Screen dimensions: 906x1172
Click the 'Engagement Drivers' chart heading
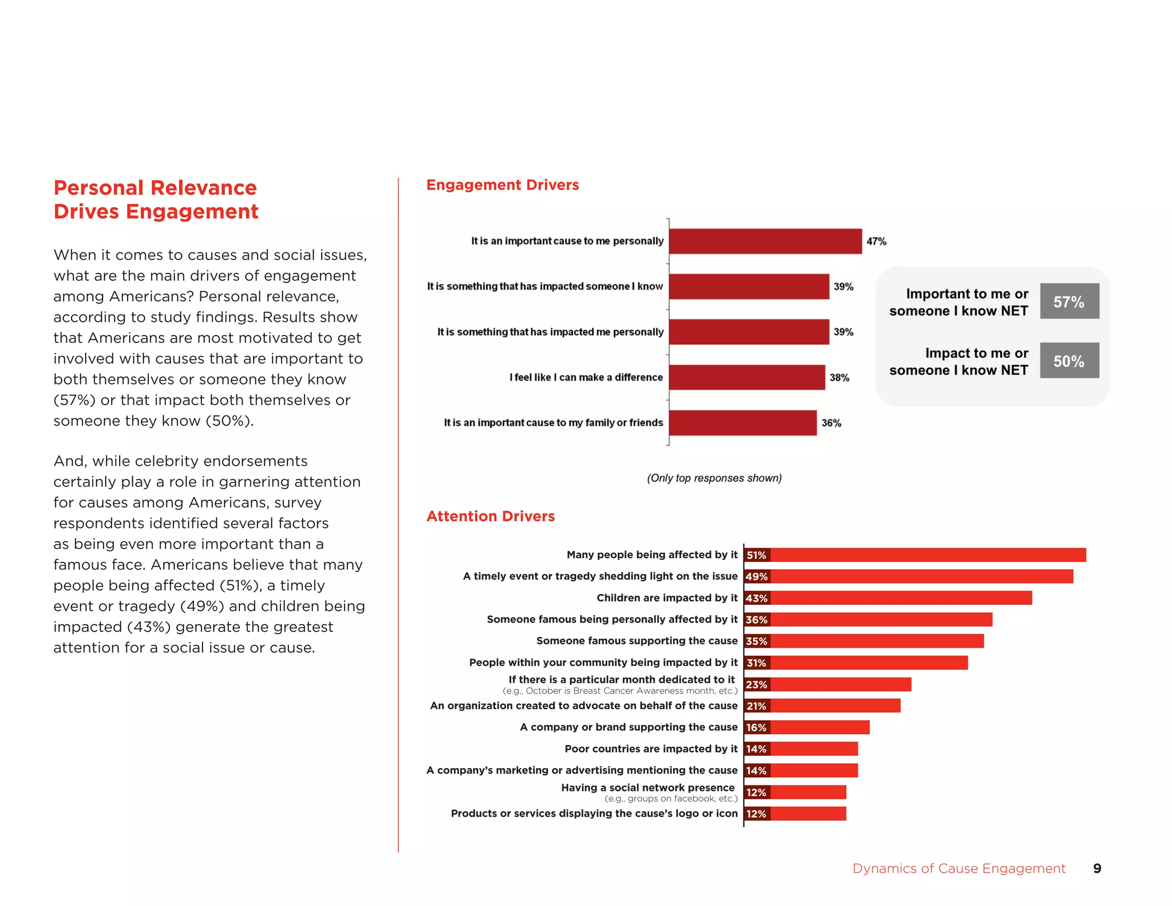coord(502,185)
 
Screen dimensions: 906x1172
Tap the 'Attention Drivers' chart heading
coord(490,516)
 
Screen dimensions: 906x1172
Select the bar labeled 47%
coord(765,241)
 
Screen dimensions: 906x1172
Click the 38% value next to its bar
coord(839,377)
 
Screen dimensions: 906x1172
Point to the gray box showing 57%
coord(1069,301)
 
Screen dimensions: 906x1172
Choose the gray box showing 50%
coord(1069,361)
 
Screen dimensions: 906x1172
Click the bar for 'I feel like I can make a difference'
coord(747,377)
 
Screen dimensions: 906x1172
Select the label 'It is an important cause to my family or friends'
coord(553,423)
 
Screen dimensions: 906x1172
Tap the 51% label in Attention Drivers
coord(757,555)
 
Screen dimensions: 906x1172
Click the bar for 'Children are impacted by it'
coord(901,598)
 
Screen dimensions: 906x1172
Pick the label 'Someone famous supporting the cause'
coord(636,641)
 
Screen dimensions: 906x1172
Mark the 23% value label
coord(757,684)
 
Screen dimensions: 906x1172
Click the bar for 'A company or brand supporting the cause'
coord(819,727)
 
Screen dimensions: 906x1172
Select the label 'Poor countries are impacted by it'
coord(651,749)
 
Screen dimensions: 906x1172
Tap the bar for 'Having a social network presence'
coord(808,792)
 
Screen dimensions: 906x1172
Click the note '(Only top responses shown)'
coord(714,478)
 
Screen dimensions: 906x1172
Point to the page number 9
coord(1097,868)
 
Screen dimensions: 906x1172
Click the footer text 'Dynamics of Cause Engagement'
coord(959,868)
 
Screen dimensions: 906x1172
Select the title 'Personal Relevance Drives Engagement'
coord(156,199)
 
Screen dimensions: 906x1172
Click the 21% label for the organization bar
coord(757,706)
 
